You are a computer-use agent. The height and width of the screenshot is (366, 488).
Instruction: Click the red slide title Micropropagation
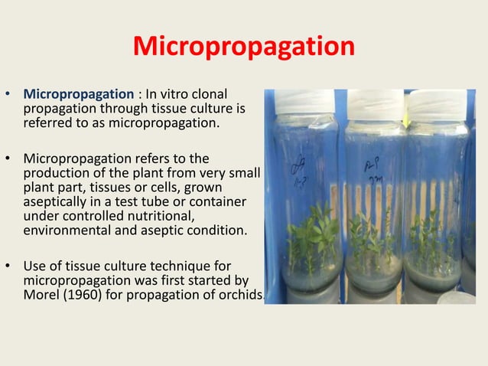(243, 47)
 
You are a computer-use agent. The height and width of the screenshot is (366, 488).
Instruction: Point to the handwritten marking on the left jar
(300, 164)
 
